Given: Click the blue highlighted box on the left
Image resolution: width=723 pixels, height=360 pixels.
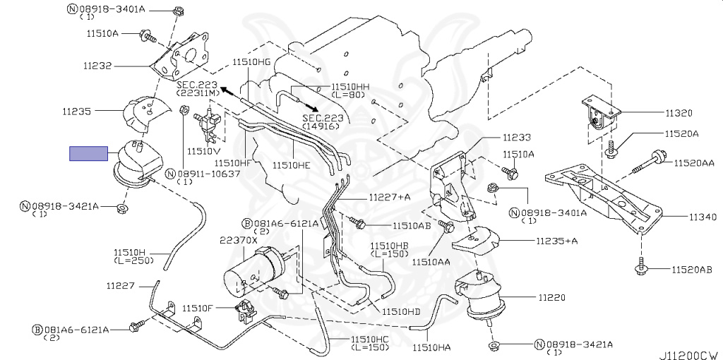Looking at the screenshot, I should click(x=88, y=153).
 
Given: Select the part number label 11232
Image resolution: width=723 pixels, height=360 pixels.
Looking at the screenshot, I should click(x=97, y=66).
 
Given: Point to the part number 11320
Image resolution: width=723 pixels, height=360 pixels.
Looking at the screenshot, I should click(x=679, y=112).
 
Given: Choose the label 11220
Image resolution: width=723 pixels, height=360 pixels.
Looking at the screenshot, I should click(x=551, y=297).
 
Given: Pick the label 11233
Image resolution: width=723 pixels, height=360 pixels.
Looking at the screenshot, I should click(x=517, y=137).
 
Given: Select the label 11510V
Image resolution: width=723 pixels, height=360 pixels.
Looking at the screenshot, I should click(x=204, y=151).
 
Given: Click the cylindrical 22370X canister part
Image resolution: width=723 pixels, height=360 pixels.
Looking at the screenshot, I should click(x=252, y=270).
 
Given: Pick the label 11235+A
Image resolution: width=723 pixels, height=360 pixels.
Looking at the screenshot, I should click(x=556, y=241).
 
